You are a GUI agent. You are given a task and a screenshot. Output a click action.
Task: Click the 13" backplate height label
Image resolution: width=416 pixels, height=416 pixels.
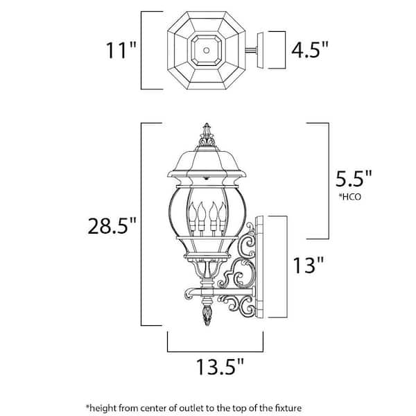(x=309, y=265)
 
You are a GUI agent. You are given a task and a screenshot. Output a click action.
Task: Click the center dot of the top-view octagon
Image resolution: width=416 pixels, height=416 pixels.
(x=207, y=50)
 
